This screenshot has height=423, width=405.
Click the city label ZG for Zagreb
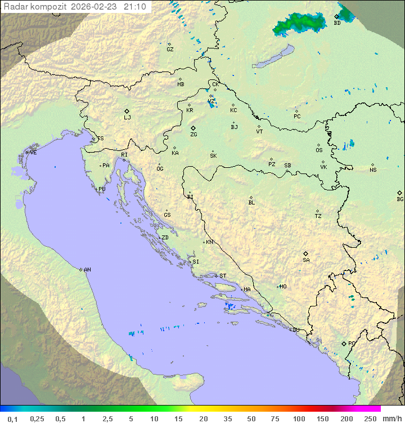pyautogui.click(x=193, y=135)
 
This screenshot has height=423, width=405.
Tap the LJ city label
pyautogui.click(x=127, y=118)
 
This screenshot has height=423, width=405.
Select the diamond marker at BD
pyautogui.click(x=337, y=17)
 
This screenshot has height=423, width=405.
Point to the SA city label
pyautogui.click(x=306, y=260)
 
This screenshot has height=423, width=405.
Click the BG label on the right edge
pyautogui.click(x=400, y=199)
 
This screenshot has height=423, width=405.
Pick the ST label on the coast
pyautogui.click(x=223, y=276)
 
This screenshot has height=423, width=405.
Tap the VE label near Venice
pyautogui.click(x=33, y=153)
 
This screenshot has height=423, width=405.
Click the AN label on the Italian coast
pyautogui.click(x=87, y=270)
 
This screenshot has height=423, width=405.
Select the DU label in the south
pyautogui.click(x=295, y=330)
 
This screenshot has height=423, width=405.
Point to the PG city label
pyautogui.click(x=352, y=343)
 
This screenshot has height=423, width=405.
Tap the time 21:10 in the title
pyautogui.click(x=135, y=7)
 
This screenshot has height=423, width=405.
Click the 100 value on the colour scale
pyautogui.click(x=299, y=418)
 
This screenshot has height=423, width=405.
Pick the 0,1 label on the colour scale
pyautogui.click(x=13, y=418)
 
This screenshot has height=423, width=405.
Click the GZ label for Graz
pyautogui.click(x=170, y=49)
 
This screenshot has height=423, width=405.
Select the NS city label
pyautogui.click(x=373, y=170)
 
